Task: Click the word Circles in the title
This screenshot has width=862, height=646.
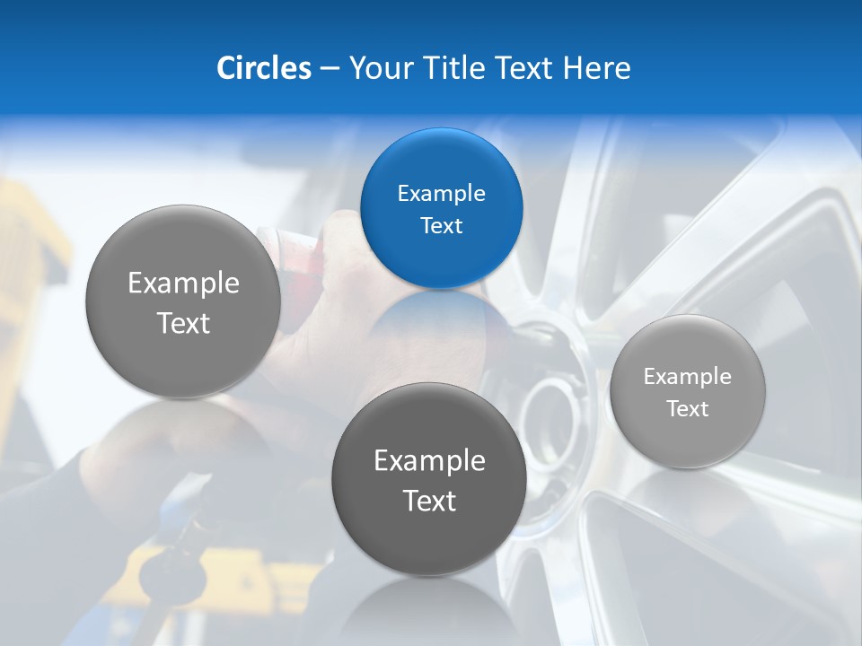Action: (263, 67)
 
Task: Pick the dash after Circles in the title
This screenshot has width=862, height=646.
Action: (329, 68)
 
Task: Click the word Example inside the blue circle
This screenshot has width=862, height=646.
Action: (441, 194)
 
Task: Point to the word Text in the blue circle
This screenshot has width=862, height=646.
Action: (441, 226)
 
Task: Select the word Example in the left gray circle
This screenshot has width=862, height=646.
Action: (183, 284)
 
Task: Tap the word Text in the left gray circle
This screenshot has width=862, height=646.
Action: (183, 323)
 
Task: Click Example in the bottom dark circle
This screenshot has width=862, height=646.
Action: (429, 461)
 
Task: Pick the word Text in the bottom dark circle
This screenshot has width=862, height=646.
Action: (429, 501)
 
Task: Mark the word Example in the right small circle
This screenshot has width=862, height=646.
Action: (688, 377)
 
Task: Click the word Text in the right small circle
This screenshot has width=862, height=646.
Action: (688, 409)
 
